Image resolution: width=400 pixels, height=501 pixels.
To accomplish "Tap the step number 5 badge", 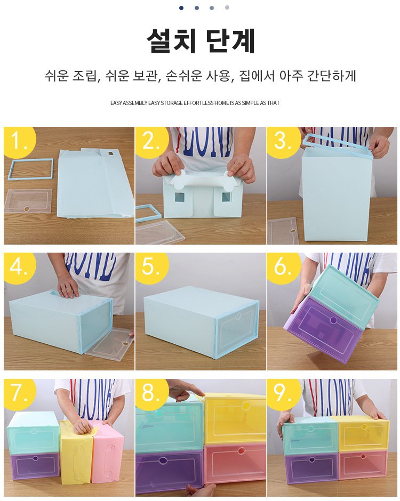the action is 151,266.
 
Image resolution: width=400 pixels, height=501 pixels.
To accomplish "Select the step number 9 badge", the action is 283,393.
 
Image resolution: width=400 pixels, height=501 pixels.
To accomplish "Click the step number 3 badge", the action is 283,141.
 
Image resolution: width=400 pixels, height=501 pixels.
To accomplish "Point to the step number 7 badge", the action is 19,393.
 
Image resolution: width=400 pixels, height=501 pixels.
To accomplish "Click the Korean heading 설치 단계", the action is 201,41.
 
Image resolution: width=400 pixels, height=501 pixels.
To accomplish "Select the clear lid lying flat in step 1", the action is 28,201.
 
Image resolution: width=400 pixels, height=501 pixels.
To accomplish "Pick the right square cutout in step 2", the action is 226,197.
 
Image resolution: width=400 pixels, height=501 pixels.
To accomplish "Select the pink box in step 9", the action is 363,464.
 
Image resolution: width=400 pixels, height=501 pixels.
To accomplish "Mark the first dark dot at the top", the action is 181,8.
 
